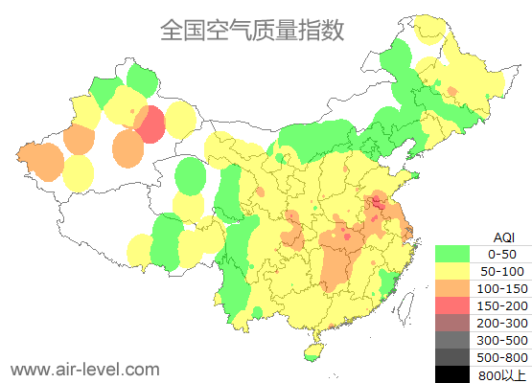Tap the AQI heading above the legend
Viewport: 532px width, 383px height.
(x=503, y=237)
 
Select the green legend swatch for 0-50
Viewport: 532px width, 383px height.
(x=452, y=254)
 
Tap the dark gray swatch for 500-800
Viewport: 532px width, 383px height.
(x=452, y=357)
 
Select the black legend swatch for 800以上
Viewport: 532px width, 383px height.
(x=452, y=373)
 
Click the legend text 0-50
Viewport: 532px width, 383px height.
(x=502, y=254)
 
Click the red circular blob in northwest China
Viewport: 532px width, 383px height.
(x=150, y=124)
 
